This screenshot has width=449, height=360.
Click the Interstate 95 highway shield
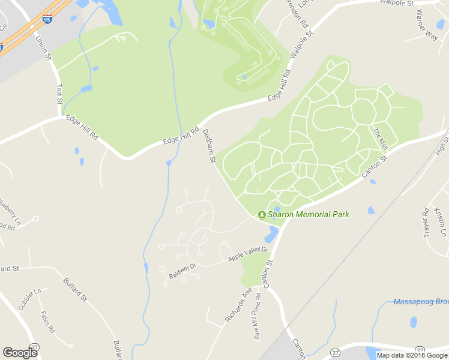[48, 20]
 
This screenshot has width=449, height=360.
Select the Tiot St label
[59, 94]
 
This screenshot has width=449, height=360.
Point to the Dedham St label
[209, 146]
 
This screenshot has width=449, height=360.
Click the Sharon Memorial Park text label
[308, 214]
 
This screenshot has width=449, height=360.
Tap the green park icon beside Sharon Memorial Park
[262, 214]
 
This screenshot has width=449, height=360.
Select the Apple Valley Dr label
[247, 254]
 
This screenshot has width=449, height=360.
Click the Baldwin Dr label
[182, 271]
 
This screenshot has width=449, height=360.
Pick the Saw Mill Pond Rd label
[257, 317]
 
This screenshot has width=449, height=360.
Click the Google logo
[20, 353]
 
